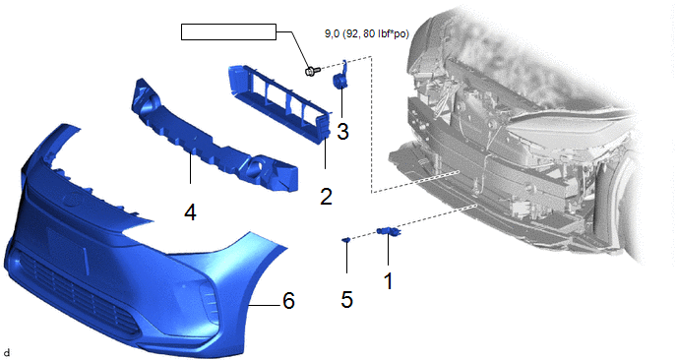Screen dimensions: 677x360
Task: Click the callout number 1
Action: (388, 281)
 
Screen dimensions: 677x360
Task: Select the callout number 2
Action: (326, 197)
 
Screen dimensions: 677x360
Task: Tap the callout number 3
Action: (342, 131)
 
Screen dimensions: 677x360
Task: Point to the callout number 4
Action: (191, 212)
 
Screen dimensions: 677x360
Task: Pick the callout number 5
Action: (346, 300)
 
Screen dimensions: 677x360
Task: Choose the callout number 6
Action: (289, 300)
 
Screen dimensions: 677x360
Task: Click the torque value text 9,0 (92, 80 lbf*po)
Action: (367, 34)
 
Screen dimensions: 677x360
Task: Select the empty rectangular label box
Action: (228, 31)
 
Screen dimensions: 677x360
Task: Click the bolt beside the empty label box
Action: (312, 71)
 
